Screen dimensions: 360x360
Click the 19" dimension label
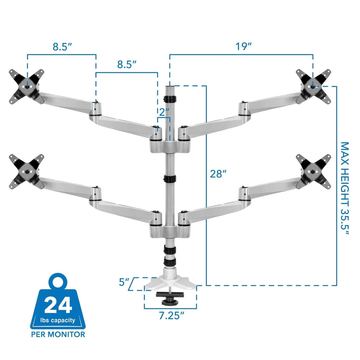[243, 47]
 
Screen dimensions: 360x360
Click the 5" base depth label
[123, 282]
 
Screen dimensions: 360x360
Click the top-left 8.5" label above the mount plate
[62, 47]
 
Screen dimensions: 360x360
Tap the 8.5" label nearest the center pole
[127, 64]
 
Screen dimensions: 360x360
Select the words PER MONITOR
[58, 334]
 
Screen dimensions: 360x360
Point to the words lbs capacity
[58, 320]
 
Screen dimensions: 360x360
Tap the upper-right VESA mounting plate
[313, 86]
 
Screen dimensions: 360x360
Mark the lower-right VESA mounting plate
[313, 171]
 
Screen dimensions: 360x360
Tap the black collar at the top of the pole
[170, 98]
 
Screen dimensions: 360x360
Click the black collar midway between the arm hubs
[170, 179]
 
